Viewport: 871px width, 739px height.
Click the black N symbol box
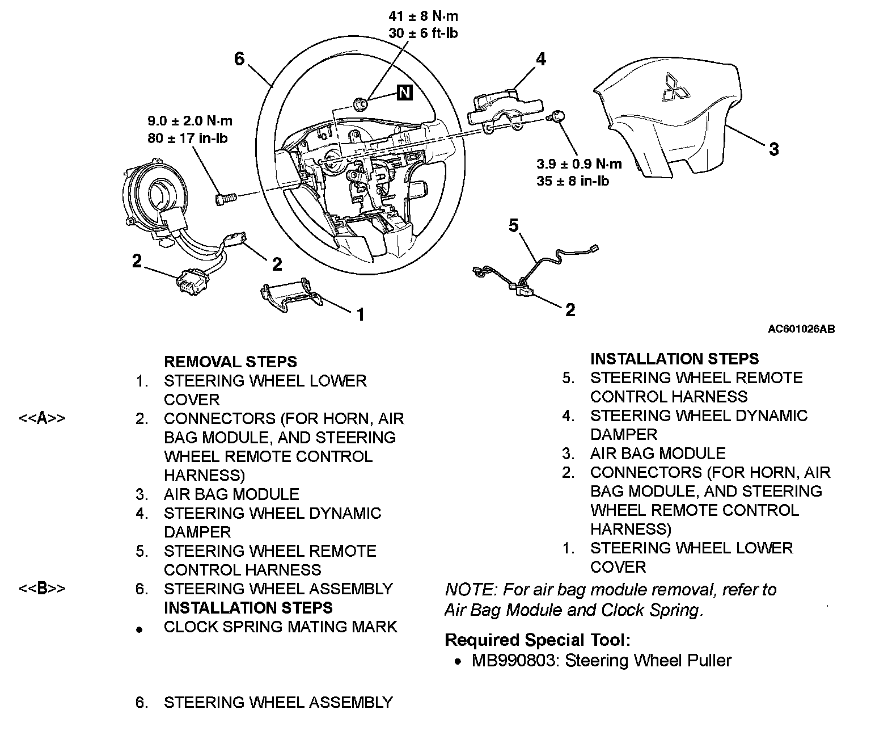pos(404,92)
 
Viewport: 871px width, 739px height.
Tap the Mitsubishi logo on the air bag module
pos(674,88)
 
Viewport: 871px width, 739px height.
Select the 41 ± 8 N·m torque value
pos(423,16)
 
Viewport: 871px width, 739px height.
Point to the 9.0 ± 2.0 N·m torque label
pos(190,121)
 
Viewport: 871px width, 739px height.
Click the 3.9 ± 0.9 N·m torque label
pos(579,165)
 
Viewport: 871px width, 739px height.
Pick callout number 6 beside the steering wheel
pos(239,58)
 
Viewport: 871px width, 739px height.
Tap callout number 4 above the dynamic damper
pos(541,58)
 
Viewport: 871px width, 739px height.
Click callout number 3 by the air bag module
pos(774,149)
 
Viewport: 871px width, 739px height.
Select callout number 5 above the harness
pos(513,226)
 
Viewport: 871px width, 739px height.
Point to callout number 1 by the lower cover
pos(360,314)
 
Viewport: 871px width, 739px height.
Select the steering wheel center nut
pos(360,103)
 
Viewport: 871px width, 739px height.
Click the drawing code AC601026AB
pos(801,329)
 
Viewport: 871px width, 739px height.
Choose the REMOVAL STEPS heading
pos(230,362)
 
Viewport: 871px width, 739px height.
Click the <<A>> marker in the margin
pos(42,419)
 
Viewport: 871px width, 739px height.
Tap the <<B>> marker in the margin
pos(42,589)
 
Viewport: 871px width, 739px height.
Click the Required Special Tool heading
pos(537,640)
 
